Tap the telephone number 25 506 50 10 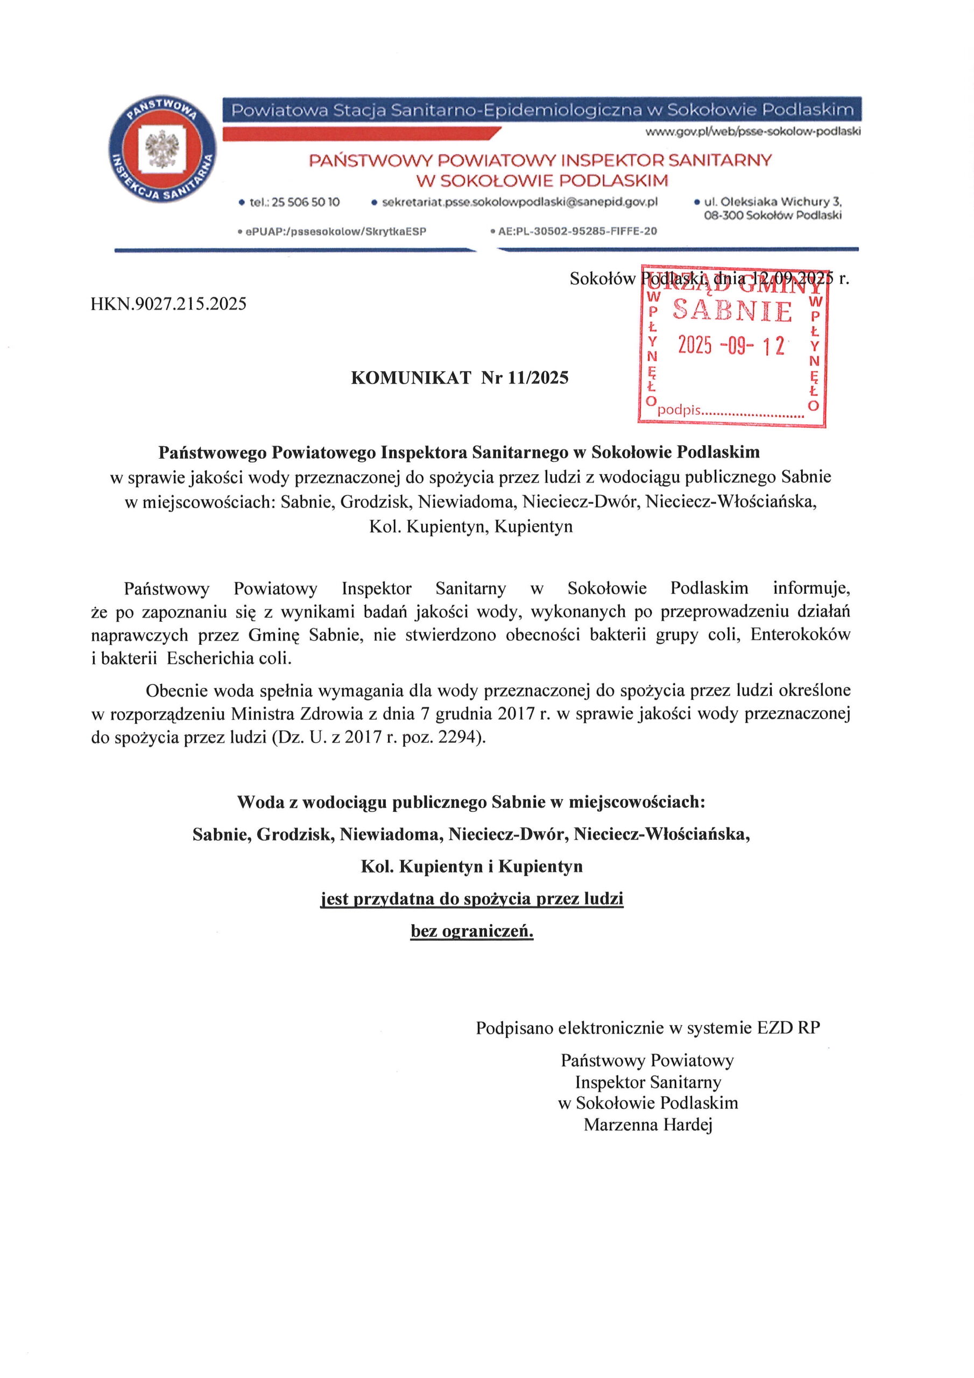point(306,203)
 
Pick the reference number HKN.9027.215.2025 point(168,304)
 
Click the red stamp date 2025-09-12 point(731,346)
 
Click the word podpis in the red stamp point(679,411)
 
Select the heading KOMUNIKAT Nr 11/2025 point(460,378)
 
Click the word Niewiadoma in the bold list point(391,835)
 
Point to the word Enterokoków point(801,635)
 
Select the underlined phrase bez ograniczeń point(472,932)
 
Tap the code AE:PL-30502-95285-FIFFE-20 point(577,231)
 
